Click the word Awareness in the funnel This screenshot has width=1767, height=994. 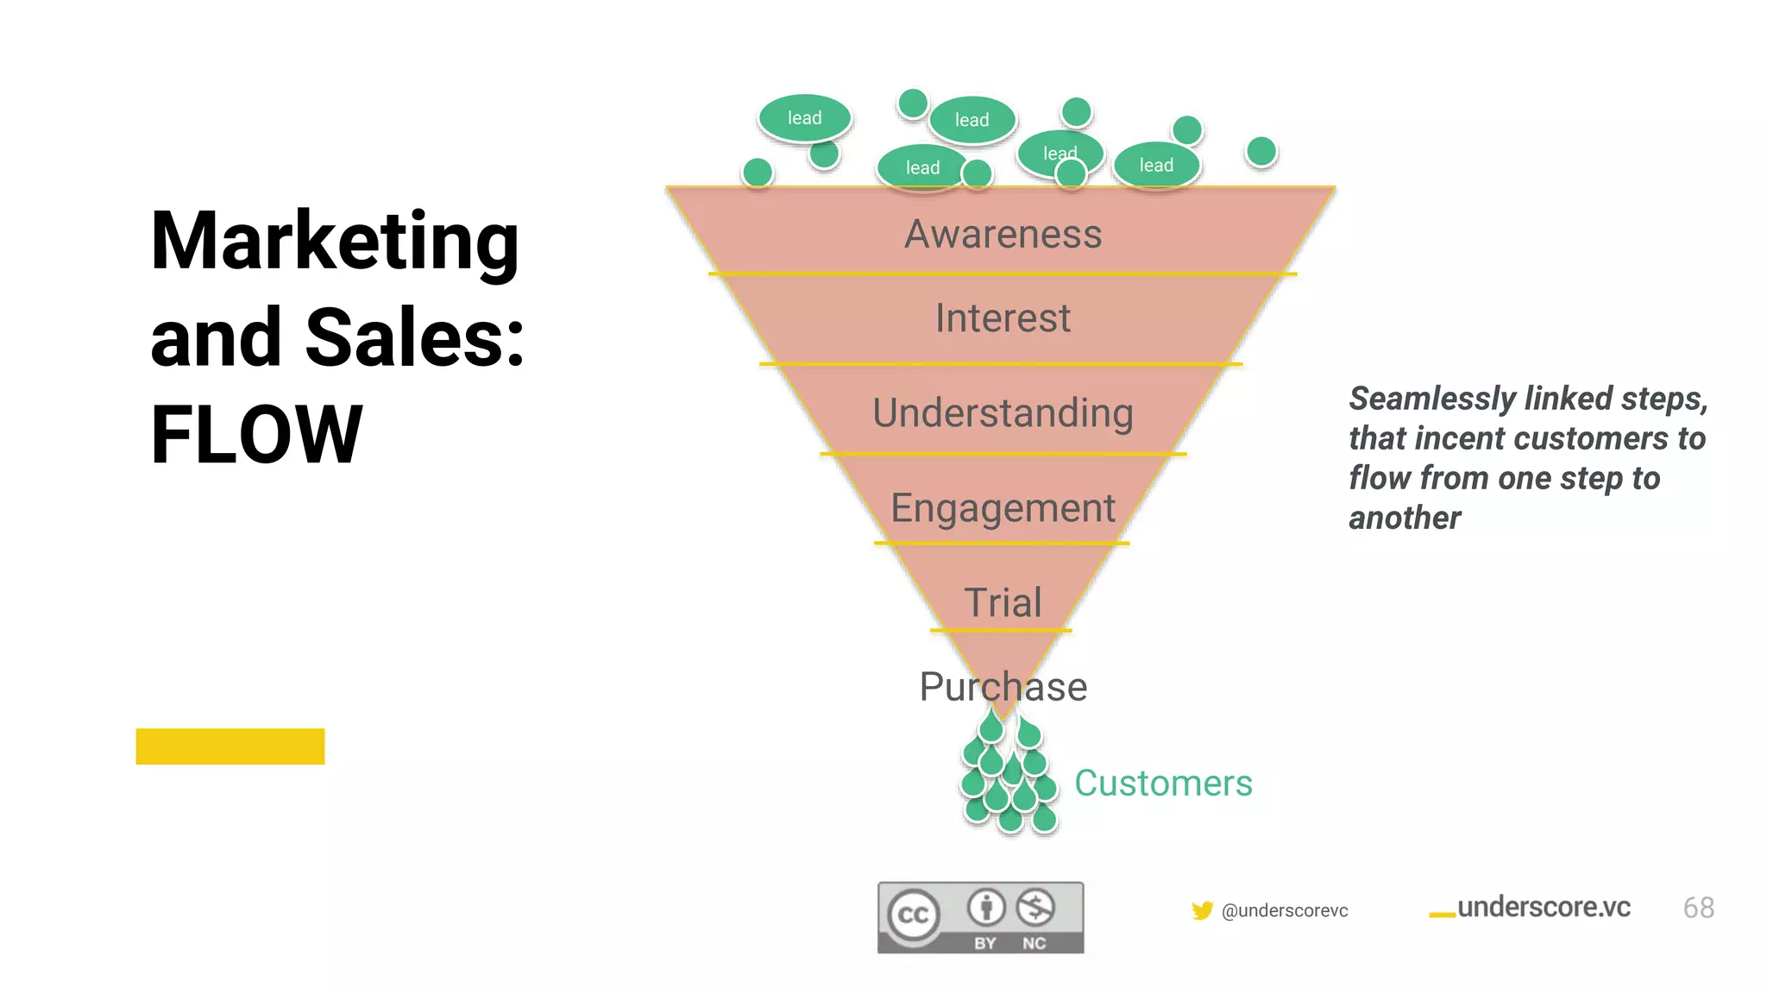(1003, 235)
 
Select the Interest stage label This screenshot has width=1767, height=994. (1003, 318)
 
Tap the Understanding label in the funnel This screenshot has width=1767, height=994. (1003, 413)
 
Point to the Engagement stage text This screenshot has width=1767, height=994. (1003, 508)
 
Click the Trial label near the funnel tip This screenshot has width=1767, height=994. (1003, 602)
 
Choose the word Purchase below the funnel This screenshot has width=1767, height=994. (1003, 688)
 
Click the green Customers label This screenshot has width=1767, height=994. (1162, 783)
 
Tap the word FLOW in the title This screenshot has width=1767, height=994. (256, 435)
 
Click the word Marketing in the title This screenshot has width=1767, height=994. (335, 242)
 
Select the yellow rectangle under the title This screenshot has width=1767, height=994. (230, 746)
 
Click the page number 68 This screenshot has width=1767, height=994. (1698, 908)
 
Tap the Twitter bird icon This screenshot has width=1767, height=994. (1202, 910)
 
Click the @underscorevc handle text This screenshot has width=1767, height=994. (1285, 910)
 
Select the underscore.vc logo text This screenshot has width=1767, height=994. (1543, 908)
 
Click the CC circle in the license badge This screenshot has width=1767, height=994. (913, 915)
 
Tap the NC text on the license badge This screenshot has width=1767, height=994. (1034, 943)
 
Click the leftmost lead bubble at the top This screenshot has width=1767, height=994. (804, 118)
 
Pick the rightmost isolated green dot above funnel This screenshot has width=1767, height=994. (1261, 152)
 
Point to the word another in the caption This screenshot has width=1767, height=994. (1405, 518)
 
